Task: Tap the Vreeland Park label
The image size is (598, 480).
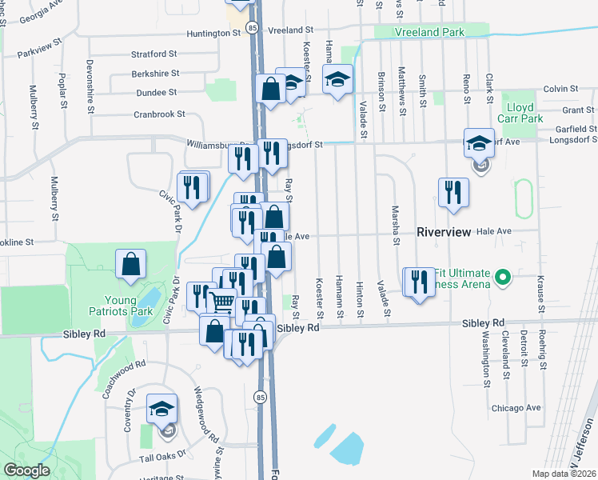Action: point(429,32)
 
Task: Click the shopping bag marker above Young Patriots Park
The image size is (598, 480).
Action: point(130,264)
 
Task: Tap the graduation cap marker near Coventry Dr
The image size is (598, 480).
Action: point(161,410)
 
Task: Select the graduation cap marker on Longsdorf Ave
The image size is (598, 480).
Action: point(478,143)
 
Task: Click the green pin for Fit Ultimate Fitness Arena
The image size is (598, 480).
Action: point(502,278)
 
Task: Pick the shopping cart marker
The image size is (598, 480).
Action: point(221,302)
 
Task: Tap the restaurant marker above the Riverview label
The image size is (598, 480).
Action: point(452,191)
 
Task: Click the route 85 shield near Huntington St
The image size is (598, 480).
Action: point(253,28)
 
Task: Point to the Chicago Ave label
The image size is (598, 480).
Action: point(516,407)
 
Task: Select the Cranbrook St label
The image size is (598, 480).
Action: point(159,114)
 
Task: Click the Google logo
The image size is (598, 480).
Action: point(26,470)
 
